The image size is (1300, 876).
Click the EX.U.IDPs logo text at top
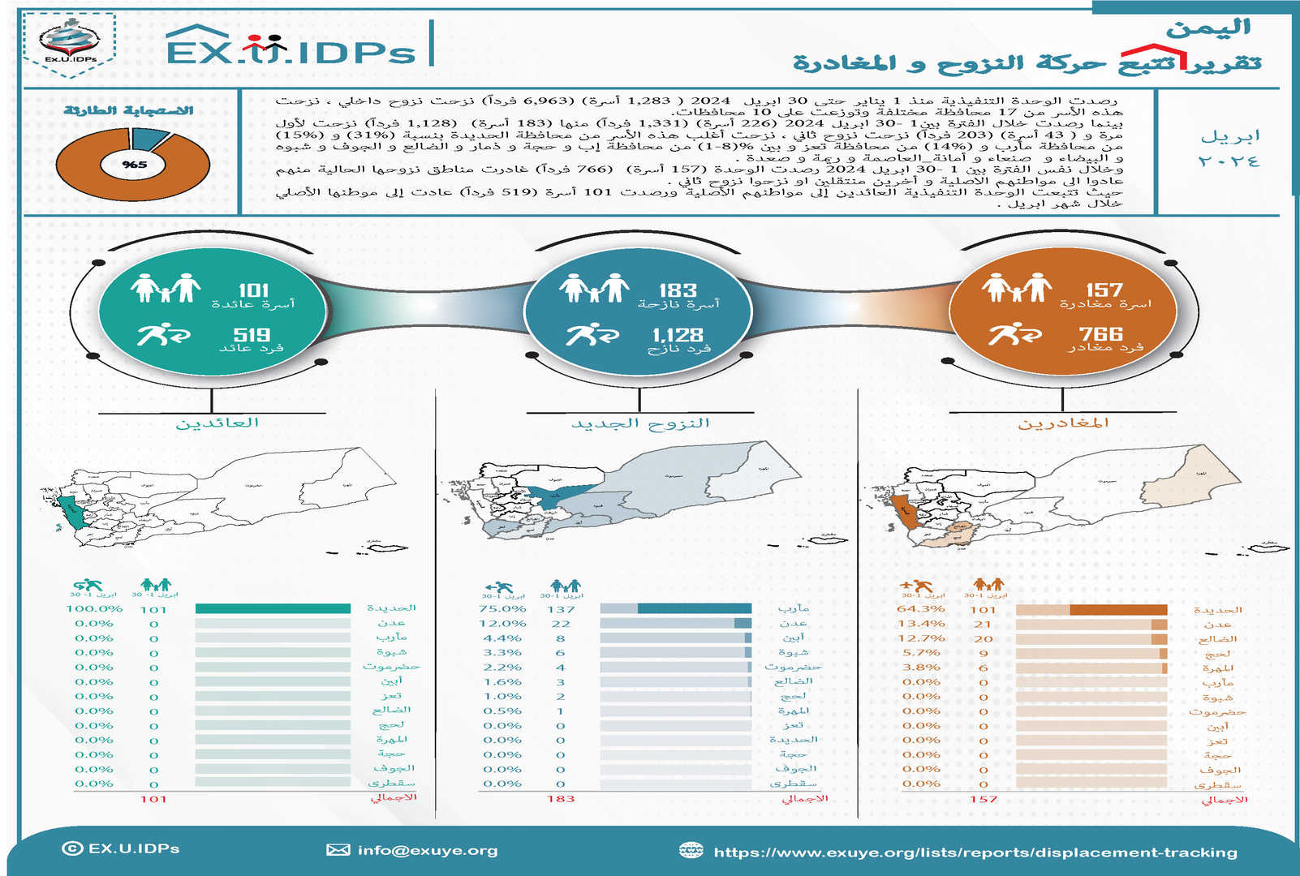point(291,50)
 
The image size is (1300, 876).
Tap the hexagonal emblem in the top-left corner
point(70,44)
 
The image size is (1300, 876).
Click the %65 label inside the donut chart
point(134,165)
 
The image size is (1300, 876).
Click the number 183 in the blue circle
point(678,290)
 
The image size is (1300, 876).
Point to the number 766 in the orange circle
point(1100,334)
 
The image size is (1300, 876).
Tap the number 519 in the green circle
point(252,335)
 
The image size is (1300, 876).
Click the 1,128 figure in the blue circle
point(678,335)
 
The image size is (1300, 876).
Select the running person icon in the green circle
point(163,333)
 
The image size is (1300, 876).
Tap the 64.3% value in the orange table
point(921,608)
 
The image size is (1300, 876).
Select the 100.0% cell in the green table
point(94,608)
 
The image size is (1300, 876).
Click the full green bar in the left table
point(273,608)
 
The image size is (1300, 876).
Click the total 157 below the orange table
point(983,799)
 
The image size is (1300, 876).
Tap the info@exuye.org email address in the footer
point(427,850)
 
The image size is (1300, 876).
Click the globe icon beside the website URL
point(691,850)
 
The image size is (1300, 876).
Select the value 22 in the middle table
point(561,624)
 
